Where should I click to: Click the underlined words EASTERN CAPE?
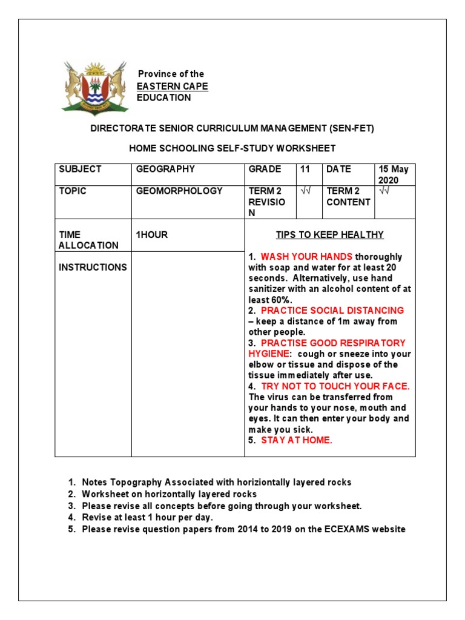point(172,86)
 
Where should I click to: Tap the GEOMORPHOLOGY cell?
point(179,191)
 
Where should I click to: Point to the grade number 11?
point(305,170)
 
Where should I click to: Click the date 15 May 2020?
point(394,175)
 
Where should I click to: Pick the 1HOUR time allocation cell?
point(152,235)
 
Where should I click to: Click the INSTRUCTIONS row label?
point(93,268)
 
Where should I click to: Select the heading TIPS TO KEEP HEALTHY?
point(329,235)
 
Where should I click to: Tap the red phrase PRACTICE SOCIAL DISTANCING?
point(332,311)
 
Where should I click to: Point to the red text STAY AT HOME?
point(297,440)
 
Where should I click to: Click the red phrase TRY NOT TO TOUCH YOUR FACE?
point(335,386)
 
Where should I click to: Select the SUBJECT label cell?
point(80,170)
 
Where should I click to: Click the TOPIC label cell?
point(73,191)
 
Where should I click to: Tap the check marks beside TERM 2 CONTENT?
point(384,191)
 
